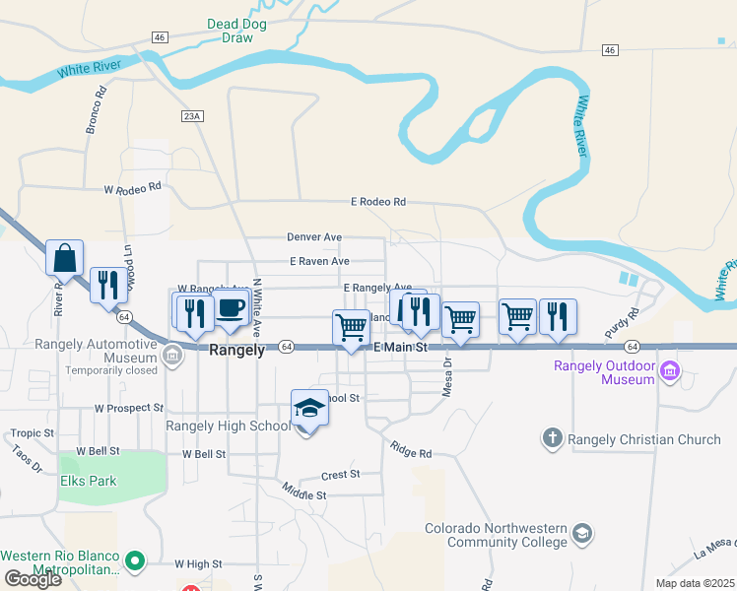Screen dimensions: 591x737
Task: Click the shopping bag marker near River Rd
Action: click(64, 258)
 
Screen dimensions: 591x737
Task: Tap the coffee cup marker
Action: click(231, 308)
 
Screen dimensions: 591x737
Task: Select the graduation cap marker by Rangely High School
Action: click(309, 408)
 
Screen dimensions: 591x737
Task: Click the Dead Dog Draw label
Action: click(230, 31)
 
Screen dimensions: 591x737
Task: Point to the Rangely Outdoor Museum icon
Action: click(671, 371)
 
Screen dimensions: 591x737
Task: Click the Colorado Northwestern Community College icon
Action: click(582, 534)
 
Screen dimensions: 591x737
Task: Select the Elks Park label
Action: click(87, 482)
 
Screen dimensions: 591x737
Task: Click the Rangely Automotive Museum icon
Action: click(172, 355)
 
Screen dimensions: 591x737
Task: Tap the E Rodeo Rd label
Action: click(378, 202)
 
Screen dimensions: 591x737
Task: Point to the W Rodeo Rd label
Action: click(132, 189)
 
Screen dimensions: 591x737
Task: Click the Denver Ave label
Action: click(314, 237)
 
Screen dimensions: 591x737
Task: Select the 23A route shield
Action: click(192, 116)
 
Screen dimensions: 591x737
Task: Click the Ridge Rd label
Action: click(411, 453)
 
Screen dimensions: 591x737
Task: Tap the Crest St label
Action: click(340, 475)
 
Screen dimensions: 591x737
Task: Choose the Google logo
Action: click(33, 579)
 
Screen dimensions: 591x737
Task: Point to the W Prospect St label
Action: click(128, 407)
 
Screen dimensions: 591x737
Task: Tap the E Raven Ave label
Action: click(319, 261)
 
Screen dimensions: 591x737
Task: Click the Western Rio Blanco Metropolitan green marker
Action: click(136, 562)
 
